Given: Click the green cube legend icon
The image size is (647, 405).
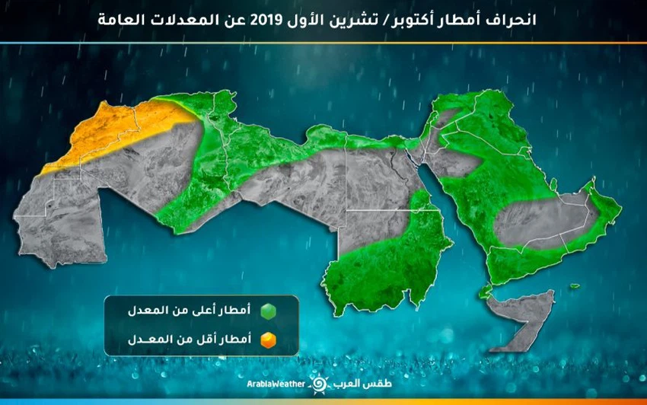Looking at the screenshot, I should [266, 312].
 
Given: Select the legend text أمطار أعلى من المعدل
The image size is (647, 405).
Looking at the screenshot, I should [202, 312].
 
